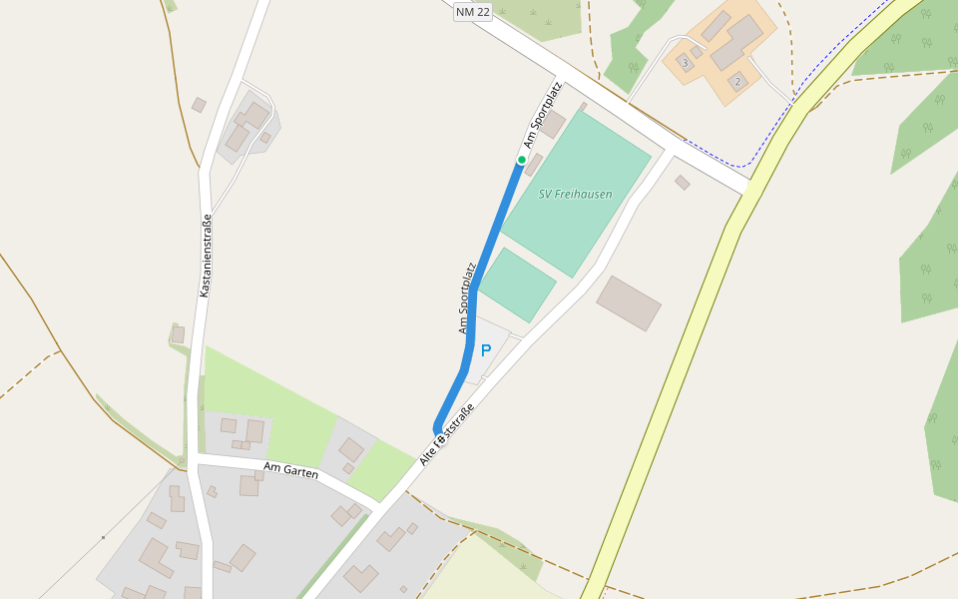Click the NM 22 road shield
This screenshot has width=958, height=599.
pos(473,12)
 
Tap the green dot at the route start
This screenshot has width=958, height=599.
pos(521,160)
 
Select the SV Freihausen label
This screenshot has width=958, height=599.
pos(576,195)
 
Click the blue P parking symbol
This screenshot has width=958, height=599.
pos(486,350)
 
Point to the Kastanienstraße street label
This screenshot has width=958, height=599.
pos(206,256)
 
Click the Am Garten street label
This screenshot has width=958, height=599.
pos(290,470)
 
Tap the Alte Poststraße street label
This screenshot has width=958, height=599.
pos(447,435)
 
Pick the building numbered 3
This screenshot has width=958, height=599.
pos(685,63)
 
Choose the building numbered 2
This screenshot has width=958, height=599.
pos(737,81)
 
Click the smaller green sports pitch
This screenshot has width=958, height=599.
pos(517,285)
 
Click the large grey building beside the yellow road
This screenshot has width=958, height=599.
pos(629,302)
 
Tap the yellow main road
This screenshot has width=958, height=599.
pos(679,359)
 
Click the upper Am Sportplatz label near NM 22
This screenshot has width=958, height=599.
pos(543,115)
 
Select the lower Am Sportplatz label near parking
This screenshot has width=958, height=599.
pos(467,298)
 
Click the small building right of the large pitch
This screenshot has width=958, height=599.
pos(683,183)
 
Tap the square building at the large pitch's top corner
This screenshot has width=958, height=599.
pos(552,124)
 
